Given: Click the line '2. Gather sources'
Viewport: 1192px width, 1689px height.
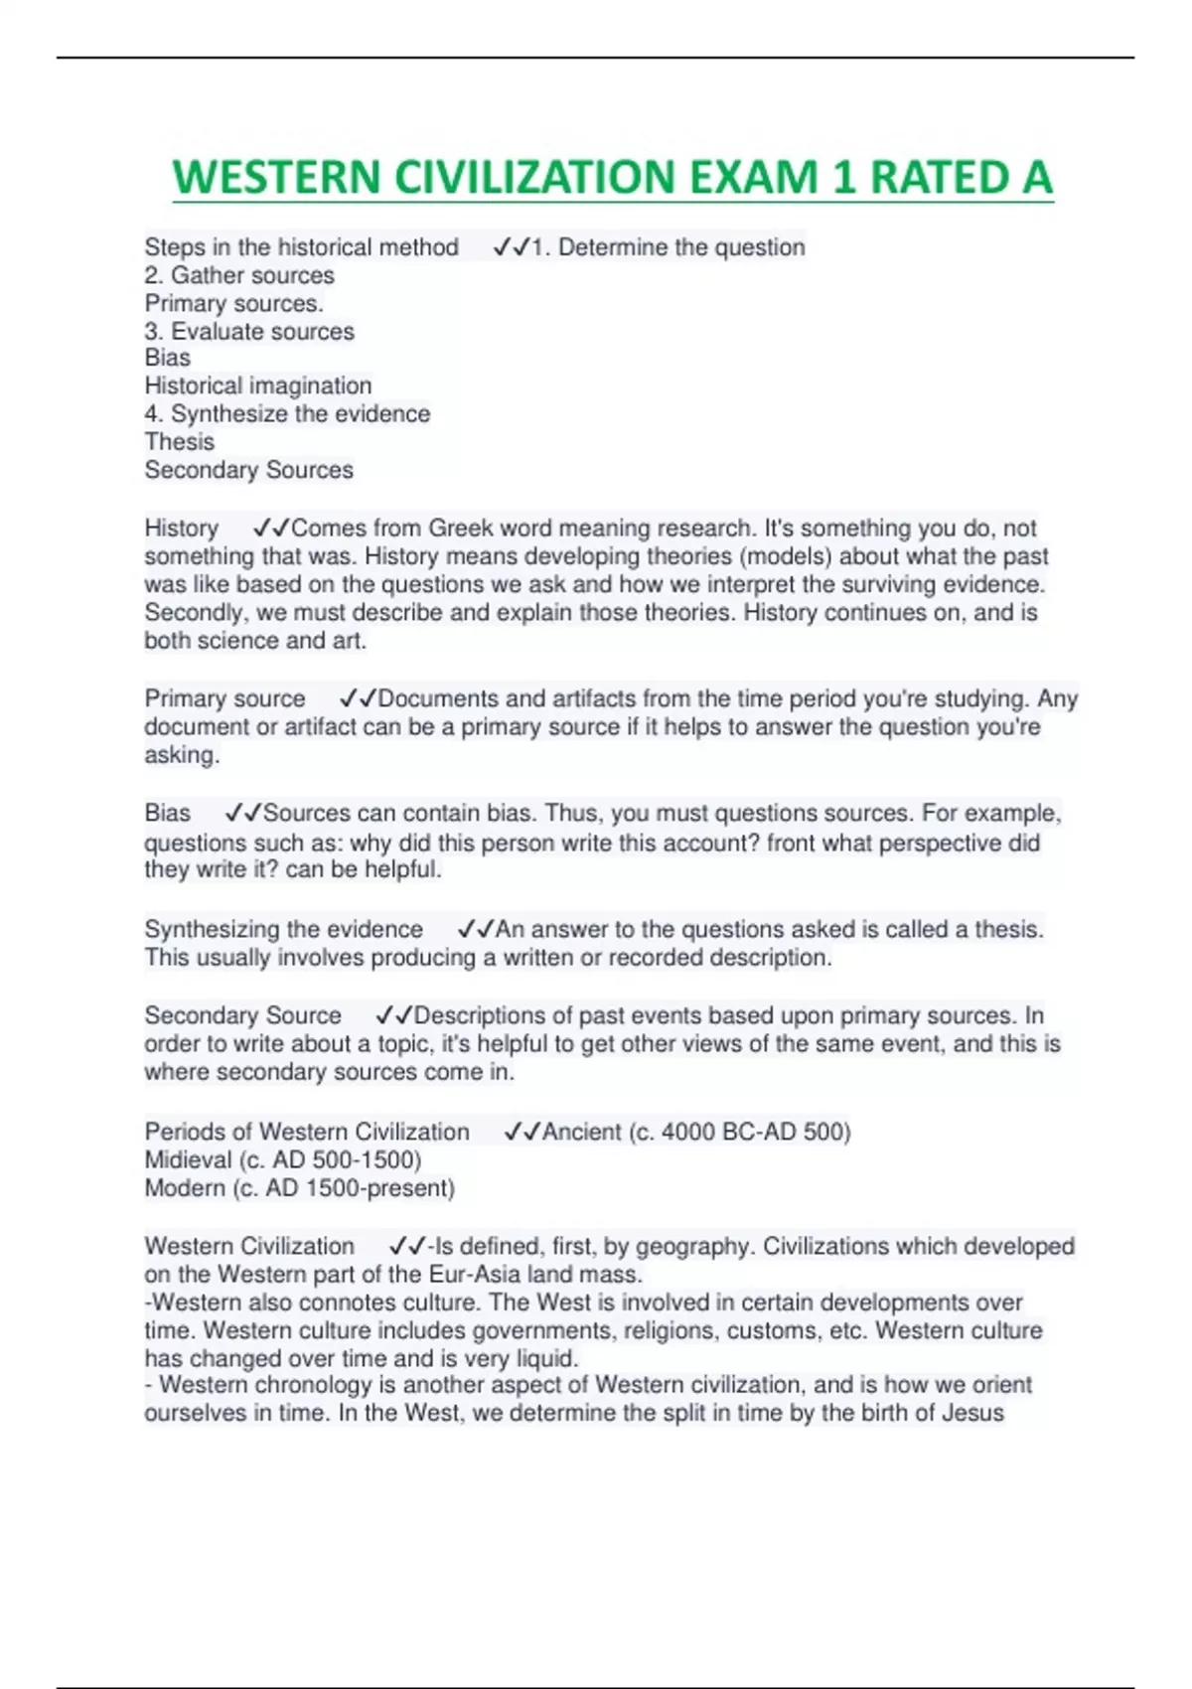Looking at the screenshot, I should pos(239,275).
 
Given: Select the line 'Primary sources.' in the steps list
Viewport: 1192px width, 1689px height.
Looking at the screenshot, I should pos(234,303).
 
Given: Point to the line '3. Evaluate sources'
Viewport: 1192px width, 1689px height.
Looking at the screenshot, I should pos(249,331).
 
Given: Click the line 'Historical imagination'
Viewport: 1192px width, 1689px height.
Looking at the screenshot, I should pos(258,385).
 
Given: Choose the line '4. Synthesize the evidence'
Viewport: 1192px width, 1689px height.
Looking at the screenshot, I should pos(287,413).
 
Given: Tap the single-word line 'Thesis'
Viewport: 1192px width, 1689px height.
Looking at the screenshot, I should pos(180,441).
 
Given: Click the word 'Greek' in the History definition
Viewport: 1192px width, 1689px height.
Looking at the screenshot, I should pos(460,528).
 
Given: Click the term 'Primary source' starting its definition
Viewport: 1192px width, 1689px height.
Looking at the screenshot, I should pos(224,698).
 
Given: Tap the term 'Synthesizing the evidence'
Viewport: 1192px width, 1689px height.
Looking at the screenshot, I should pos(284,929).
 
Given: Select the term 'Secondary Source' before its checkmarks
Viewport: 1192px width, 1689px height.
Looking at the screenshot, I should pos(242,1015).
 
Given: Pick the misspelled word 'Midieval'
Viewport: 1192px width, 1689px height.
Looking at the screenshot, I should pos(188,1159).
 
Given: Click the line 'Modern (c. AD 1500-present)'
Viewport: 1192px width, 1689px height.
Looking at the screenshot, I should pos(299,1188).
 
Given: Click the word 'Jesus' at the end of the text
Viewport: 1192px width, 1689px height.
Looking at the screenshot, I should pos(971,1413).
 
